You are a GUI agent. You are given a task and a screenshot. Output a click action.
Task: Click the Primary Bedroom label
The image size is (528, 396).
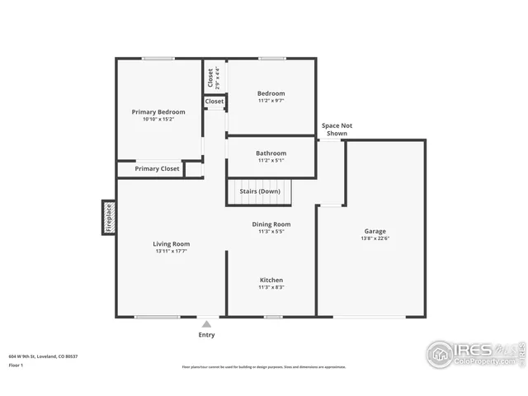(x=158, y=111)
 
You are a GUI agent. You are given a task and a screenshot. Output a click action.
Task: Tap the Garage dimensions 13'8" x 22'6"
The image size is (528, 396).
(x=375, y=239)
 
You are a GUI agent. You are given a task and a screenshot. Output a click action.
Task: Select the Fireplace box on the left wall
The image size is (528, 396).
(x=107, y=217)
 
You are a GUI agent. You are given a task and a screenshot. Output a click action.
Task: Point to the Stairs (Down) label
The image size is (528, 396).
(x=260, y=191)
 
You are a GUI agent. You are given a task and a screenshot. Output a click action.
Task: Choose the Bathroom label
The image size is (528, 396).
(x=271, y=153)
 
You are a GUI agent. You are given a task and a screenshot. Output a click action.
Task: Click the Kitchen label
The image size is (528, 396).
(x=271, y=280)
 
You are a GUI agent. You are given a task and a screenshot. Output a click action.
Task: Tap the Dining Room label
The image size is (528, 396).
(x=271, y=224)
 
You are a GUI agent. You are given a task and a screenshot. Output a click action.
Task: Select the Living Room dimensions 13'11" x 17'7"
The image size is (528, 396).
(x=171, y=251)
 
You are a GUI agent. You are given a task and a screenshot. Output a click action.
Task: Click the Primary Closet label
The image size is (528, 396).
(x=158, y=169)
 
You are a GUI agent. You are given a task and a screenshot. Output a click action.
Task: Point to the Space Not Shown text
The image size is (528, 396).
(x=337, y=129)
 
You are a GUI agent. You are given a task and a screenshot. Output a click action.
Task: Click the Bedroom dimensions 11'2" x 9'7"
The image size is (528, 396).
(x=271, y=101)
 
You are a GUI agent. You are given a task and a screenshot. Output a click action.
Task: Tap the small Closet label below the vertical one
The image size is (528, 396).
(x=214, y=101)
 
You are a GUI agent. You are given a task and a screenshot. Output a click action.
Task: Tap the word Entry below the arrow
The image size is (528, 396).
(x=206, y=335)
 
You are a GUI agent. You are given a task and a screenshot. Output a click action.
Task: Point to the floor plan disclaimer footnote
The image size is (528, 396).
(x=264, y=367)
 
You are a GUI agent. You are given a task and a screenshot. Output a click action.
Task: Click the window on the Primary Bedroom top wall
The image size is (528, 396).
(x=158, y=58)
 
